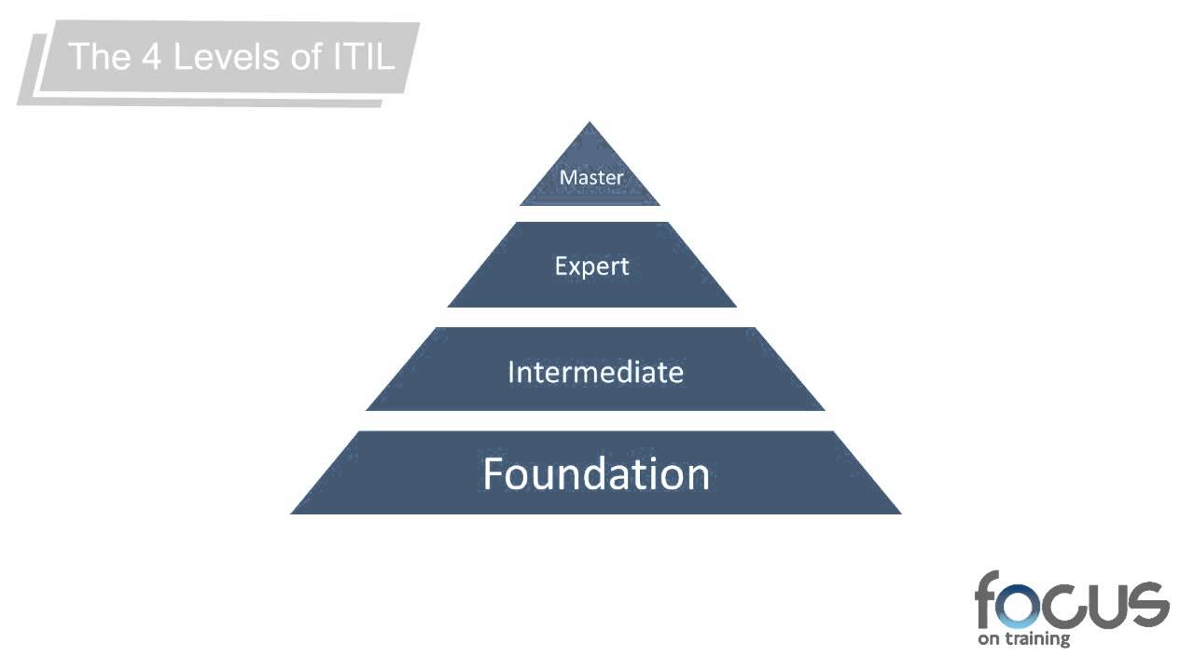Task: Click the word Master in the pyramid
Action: point(590,176)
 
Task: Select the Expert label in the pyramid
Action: point(591,267)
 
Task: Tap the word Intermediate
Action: point(595,373)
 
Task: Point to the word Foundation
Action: point(596,473)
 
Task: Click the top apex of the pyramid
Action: point(590,124)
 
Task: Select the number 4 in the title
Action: point(153,57)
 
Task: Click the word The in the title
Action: point(100,57)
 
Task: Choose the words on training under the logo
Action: point(1023,640)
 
